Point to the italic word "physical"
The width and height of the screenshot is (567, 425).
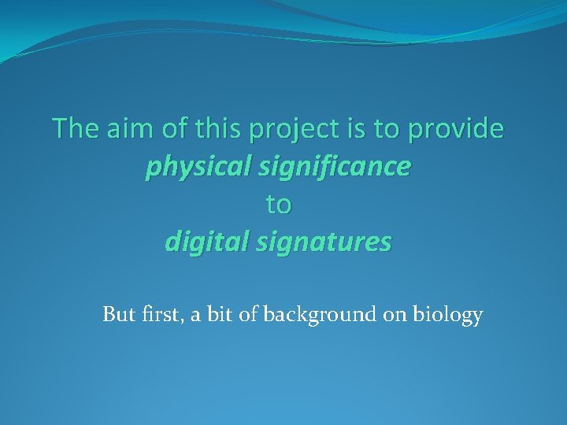pos(192,167)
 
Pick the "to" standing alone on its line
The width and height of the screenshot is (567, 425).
pos(278,205)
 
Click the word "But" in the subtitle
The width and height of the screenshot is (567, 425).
pos(119,315)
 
